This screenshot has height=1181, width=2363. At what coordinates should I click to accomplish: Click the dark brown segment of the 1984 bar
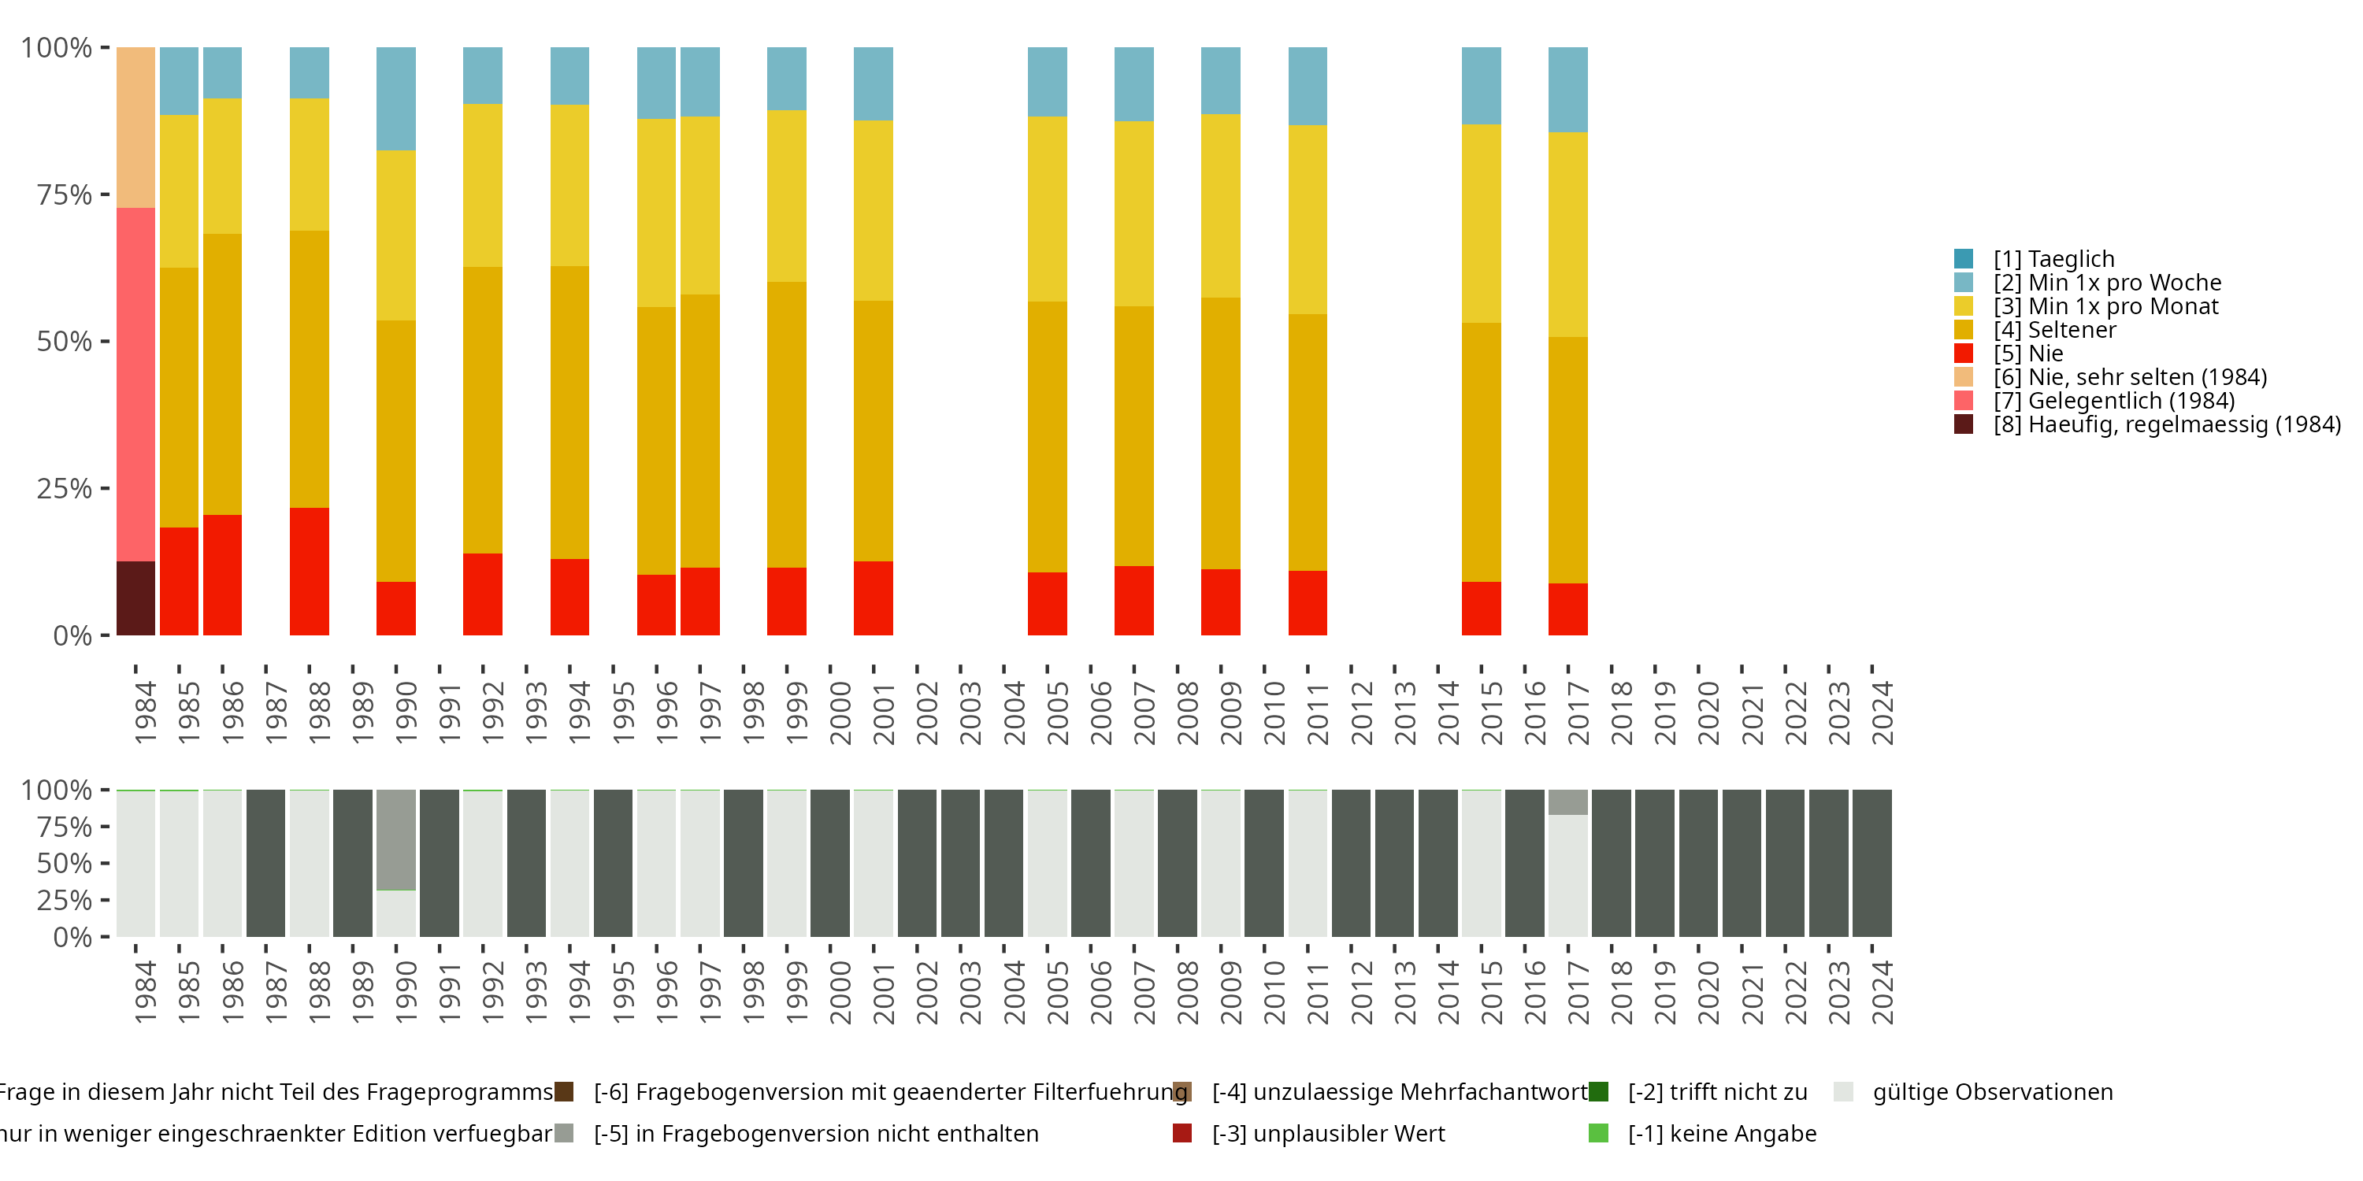tap(135, 598)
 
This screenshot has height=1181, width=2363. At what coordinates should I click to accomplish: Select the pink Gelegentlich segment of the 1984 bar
tap(135, 384)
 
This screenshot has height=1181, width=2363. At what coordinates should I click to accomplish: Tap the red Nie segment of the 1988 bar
tap(309, 572)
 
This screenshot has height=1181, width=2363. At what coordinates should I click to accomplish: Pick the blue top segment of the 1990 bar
tap(396, 98)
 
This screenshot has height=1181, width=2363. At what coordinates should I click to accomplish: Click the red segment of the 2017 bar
tap(1567, 609)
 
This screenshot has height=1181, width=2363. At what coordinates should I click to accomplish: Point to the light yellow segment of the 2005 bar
tap(1047, 209)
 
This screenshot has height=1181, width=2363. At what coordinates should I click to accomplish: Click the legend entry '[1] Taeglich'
tap(2053, 260)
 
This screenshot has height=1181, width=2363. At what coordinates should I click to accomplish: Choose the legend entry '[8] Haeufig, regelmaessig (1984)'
tap(2165, 424)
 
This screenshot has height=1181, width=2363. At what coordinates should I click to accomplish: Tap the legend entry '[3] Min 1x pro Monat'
tap(2105, 306)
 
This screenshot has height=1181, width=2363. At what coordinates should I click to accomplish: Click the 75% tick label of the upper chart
tap(65, 194)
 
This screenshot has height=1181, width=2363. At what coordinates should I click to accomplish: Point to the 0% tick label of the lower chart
tap(72, 937)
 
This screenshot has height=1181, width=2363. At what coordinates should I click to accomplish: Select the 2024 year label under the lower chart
tap(1882, 992)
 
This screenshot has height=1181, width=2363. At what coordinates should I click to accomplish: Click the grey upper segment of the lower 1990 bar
tap(396, 839)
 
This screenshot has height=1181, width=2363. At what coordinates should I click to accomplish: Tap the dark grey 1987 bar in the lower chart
tap(266, 863)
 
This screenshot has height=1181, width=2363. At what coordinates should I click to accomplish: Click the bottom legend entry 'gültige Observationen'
tap(1990, 1092)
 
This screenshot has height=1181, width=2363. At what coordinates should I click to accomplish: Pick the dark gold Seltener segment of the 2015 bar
tap(1481, 452)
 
